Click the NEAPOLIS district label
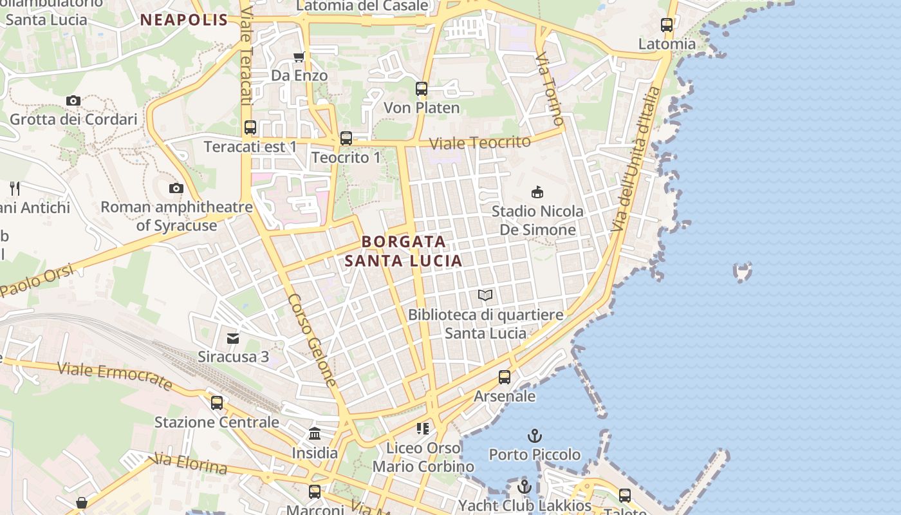click(184, 20)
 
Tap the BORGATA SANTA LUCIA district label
click(404, 251)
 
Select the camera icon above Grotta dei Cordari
click(73, 100)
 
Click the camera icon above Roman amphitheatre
click(176, 188)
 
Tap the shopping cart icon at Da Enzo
click(299, 57)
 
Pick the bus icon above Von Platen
click(422, 89)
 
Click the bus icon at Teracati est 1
click(250, 127)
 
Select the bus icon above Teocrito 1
click(346, 138)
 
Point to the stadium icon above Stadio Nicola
click(537, 192)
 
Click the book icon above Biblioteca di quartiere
click(485, 295)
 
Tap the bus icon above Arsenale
click(505, 377)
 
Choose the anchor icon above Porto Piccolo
click(535, 436)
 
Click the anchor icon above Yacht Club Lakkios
click(525, 487)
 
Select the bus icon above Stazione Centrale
click(217, 403)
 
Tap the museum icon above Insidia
click(315, 434)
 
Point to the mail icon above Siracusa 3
click(233, 338)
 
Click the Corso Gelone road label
click(313, 341)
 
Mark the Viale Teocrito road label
click(480, 143)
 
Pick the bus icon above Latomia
click(667, 26)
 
